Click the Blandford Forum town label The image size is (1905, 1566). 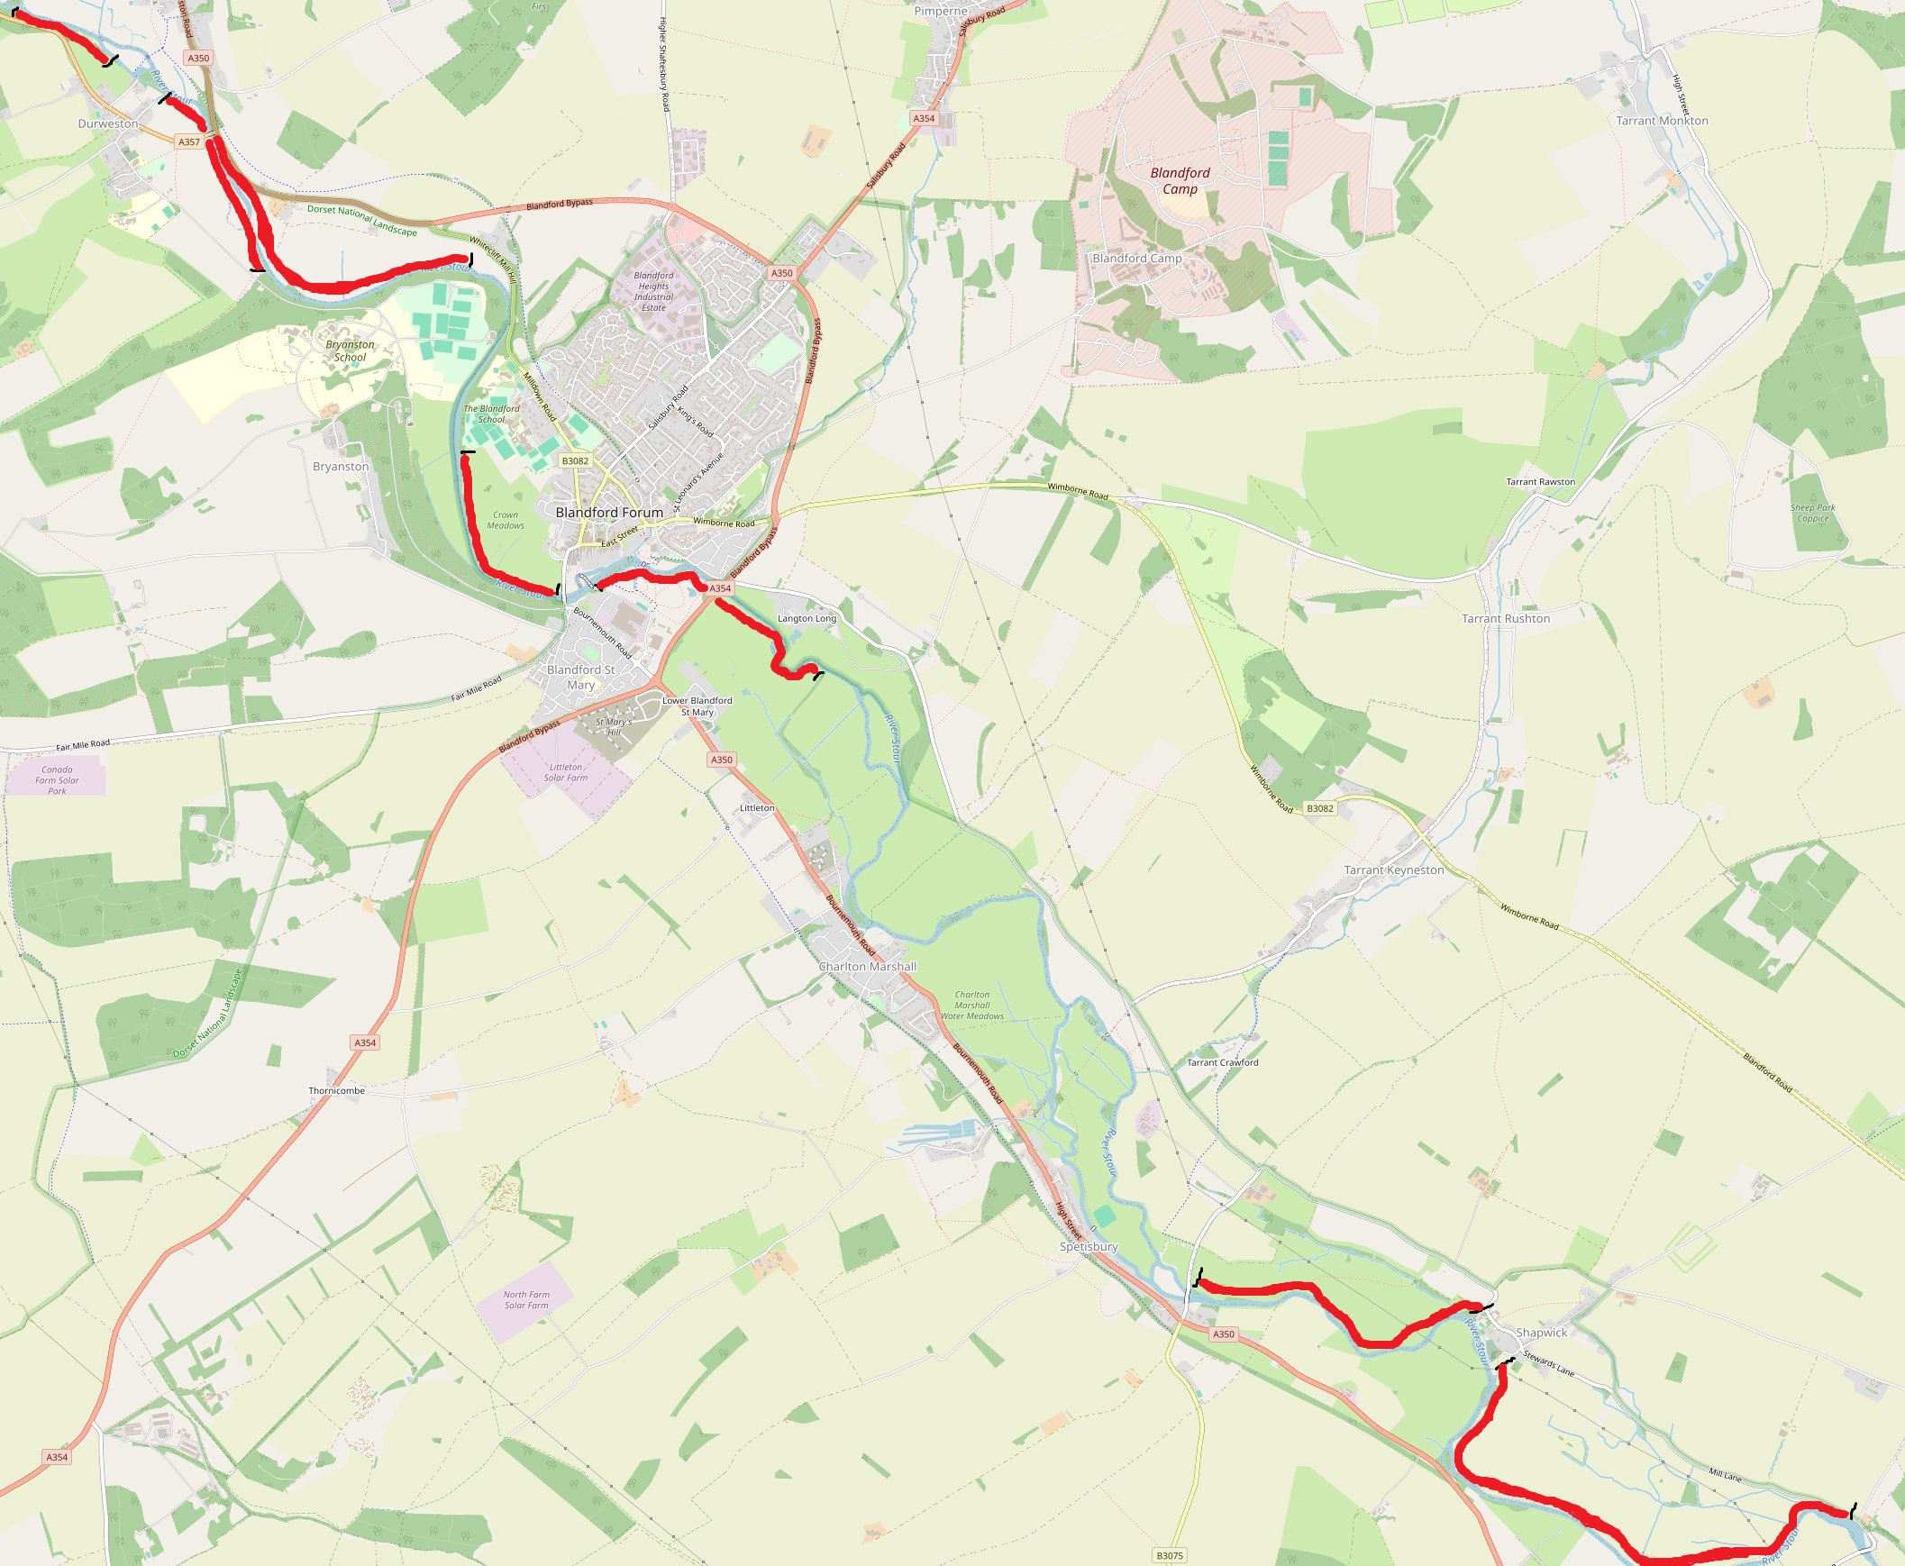(609, 513)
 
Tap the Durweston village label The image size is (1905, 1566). (108, 123)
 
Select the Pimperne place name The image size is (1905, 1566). (940, 11)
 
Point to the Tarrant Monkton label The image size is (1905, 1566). (1662, 121)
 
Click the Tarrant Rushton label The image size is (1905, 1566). (1506, 619)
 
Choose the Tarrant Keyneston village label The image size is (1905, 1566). (1393, 870)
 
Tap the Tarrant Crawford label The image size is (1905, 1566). (1222, 1062)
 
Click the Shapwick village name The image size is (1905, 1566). (1542, 1333)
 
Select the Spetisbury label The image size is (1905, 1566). (1089, 1247)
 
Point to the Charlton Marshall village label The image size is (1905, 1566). (867, 966)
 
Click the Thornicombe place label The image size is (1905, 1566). (336, 1090)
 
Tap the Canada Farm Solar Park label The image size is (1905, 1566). (57, 780)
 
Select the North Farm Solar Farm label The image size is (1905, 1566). (527, 1300)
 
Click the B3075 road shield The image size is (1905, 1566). (1169, 1555)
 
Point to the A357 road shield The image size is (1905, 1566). (188, 141)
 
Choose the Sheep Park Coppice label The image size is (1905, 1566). (1813, 513)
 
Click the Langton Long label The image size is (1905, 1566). (807, 619)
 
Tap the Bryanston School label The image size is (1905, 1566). (350, 351)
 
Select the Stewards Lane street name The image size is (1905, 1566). (1549, 1363)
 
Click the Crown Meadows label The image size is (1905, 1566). (506, 521)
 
